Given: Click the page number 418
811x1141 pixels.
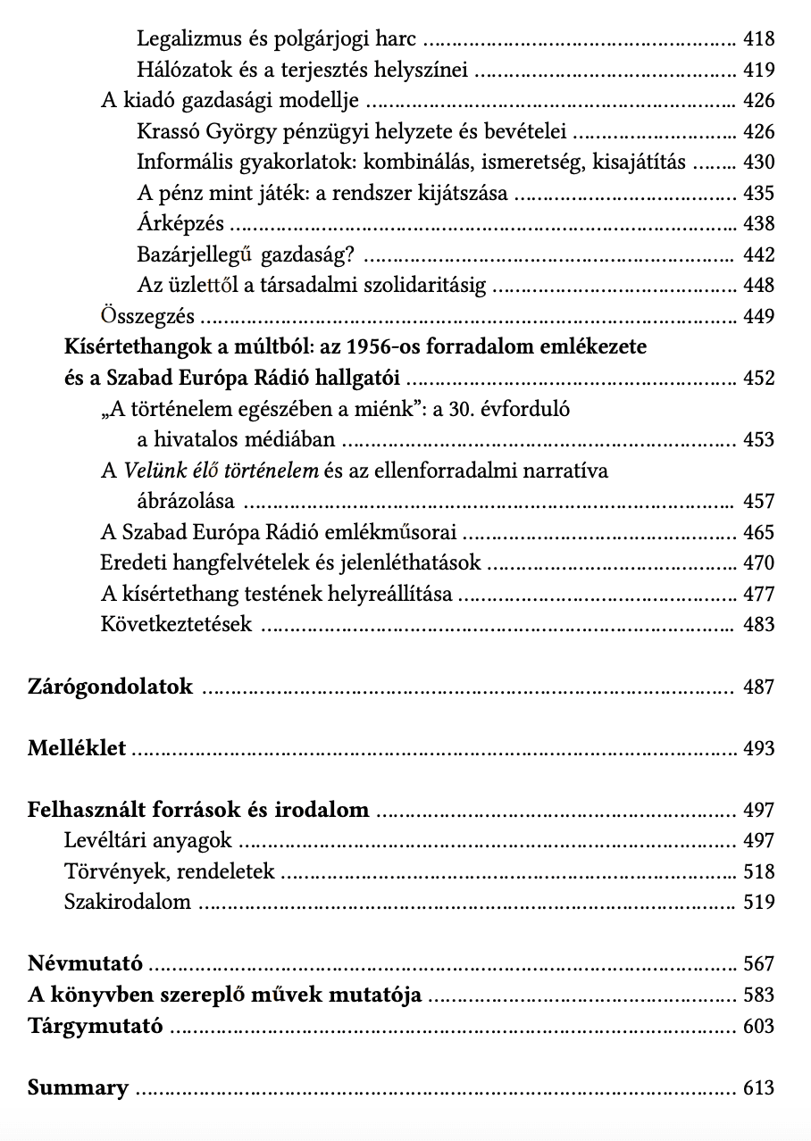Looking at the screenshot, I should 758,39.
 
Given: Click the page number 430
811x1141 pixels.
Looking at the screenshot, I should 758,162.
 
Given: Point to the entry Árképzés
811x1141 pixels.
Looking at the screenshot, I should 180,224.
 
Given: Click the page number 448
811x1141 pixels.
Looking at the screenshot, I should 758,286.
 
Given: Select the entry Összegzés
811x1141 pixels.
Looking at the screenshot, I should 148,317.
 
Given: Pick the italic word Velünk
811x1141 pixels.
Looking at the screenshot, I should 151,471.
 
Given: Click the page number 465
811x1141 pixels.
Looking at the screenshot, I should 758,533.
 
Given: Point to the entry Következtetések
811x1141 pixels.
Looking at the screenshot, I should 176,625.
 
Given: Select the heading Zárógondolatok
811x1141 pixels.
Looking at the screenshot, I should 111,687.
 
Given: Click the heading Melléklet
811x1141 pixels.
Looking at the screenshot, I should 77,748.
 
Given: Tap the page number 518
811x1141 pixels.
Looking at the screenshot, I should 758,871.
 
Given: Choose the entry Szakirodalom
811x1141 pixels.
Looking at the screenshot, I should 128,902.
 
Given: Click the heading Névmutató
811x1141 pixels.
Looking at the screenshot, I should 85,964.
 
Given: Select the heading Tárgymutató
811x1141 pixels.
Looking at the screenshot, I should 96,1026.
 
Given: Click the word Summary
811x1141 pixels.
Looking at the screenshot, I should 78,1088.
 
